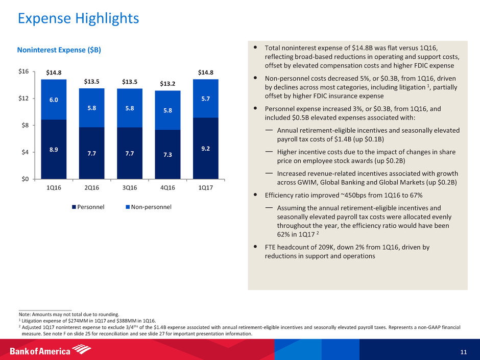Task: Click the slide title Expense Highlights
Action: pyautogui.click(x=78, y=19)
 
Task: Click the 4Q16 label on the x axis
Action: pyautogui.click(x=167, y=187)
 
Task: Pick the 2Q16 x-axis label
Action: pyautogui.click(x=91, y=187)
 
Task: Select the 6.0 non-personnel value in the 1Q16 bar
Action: pyautogui.click(x=54, y=101)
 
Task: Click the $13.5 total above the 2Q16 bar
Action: pyautogui.click(x=92, y=81)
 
